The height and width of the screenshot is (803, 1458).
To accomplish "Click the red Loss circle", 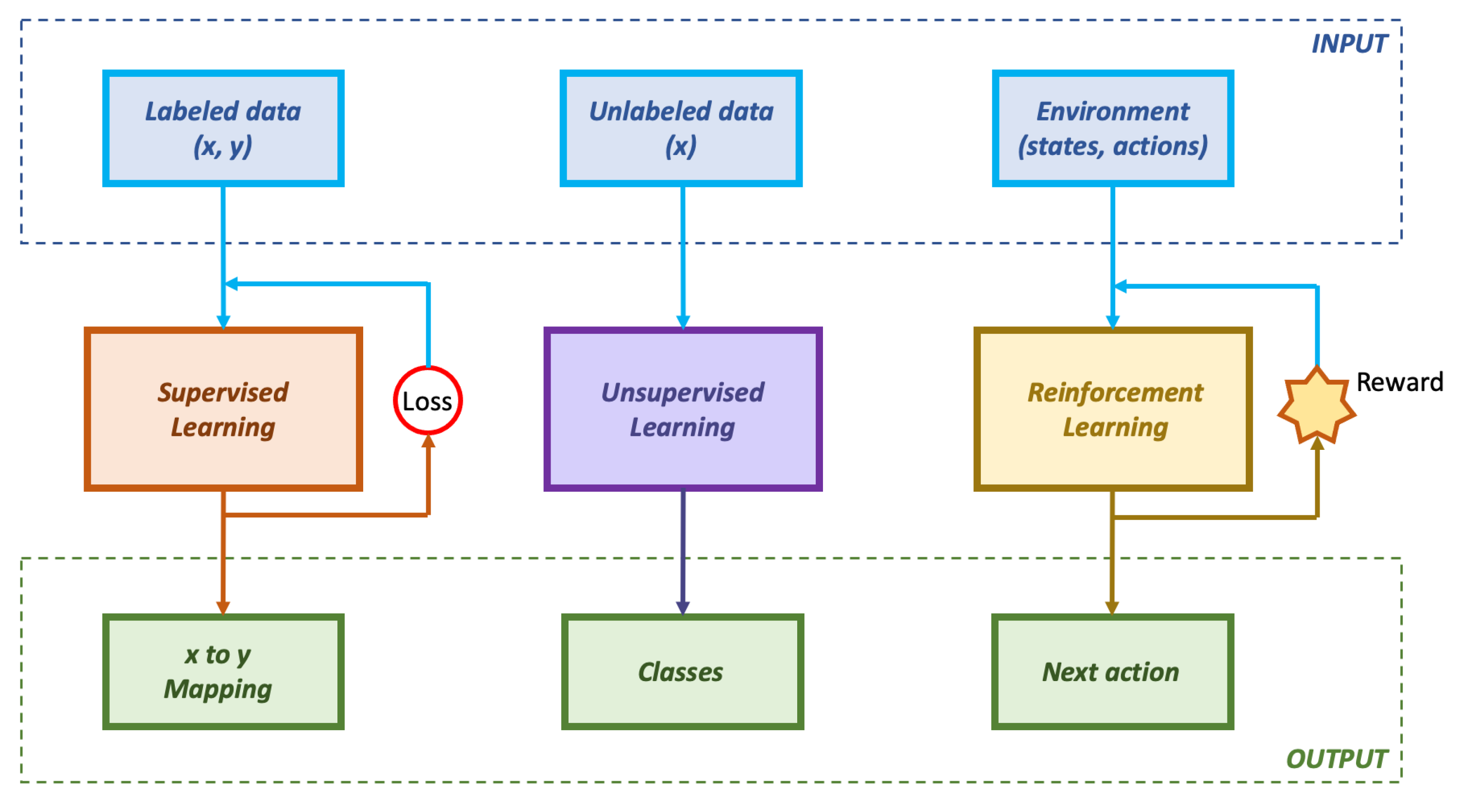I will (x=428, y=400).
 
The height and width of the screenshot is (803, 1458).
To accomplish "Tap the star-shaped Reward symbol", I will (x=1317, y=406).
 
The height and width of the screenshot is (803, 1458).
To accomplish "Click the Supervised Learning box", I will (x=223, y=409).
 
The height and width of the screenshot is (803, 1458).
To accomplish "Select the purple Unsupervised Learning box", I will (x=683, y=409).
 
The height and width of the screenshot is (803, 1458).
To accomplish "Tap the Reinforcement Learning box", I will (x=1113, y=409).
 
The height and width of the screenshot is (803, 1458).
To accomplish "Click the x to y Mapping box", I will (x=223, y=672).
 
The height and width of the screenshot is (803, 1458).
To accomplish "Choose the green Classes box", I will (x=682, y=672).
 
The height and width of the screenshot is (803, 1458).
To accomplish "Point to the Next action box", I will (x=1112, y=672).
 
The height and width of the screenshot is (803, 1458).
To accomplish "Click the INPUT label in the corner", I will (x=1349, y=44).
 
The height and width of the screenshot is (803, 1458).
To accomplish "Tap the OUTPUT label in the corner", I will (x=1336, y=759).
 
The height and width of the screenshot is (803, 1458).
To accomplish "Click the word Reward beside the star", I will (x=1400, y=382).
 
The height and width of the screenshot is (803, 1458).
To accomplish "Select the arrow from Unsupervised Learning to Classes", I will (x=683, y=549).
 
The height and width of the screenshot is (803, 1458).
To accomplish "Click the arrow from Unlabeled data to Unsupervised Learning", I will (x=683, y=255).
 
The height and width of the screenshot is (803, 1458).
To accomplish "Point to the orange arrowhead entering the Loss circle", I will (x=428, y=442).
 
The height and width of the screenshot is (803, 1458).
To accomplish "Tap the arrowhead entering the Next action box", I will (x=1112, y=608).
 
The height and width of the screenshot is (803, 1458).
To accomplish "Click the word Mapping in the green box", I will (x=218, y=689).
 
